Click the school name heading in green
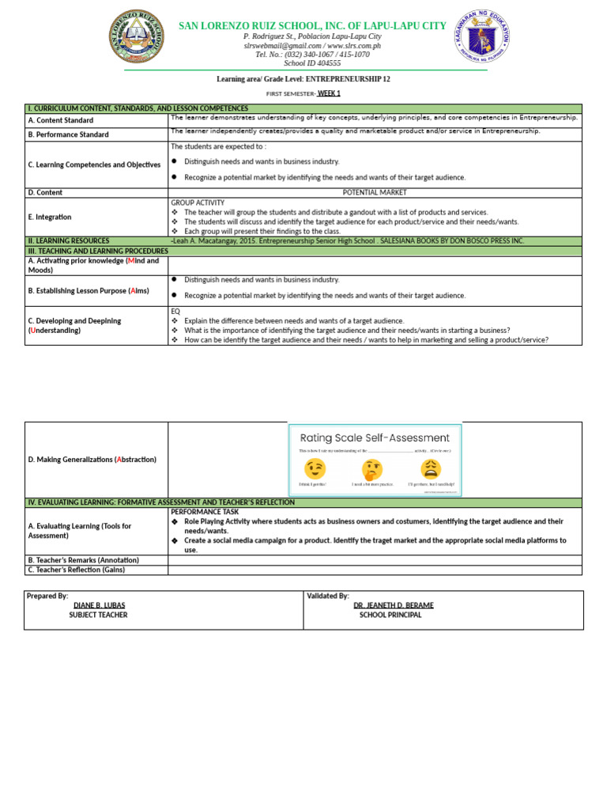click(312, 26)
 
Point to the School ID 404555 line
click(312, 63)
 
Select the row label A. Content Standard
click(61, 120)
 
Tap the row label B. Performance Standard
click(68, 134)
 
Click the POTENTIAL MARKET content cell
click(375, 192)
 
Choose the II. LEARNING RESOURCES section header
click(69, 240)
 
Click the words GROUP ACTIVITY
click(198, 202)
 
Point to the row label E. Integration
click(49, 217)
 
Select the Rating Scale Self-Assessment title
click(375, 437)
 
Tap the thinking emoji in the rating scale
click(371, 467)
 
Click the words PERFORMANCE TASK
click(203, 512)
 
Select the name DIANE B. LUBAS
click(99, 605)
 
